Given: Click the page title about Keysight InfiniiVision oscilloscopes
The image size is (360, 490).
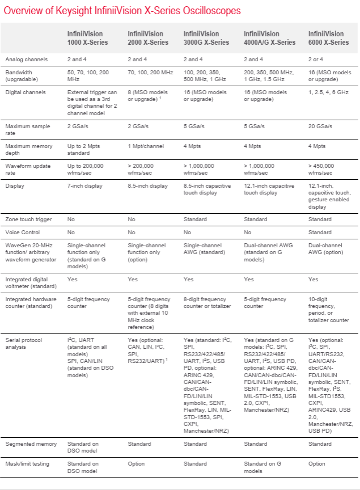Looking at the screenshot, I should point(122,11).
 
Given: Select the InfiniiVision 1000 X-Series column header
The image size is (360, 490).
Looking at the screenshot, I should point(89,38).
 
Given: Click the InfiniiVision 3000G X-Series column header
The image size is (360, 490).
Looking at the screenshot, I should point(206,38).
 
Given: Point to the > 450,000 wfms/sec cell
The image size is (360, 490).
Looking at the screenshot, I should point(323,169).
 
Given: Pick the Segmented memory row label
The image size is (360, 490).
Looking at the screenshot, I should point(28,443).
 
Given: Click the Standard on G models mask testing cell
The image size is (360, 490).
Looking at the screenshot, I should point(261,467).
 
